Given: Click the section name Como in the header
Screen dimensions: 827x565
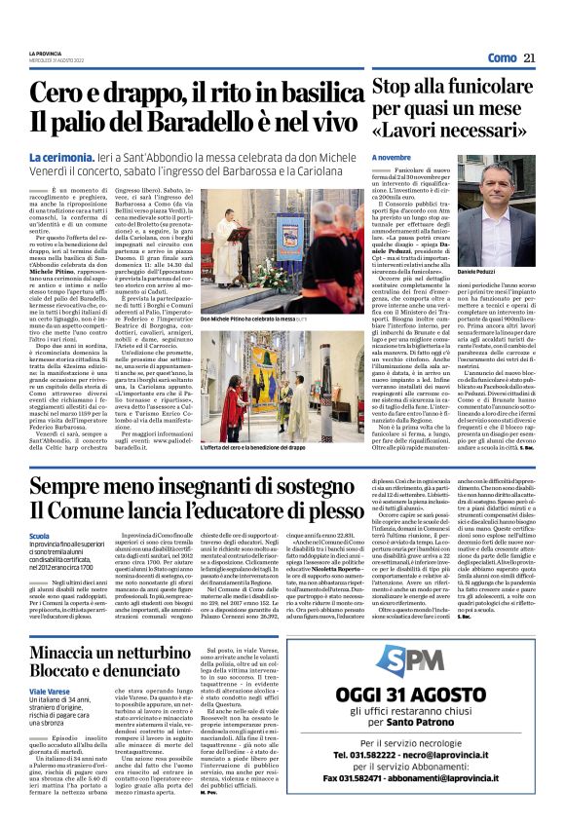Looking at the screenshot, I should point(502,57).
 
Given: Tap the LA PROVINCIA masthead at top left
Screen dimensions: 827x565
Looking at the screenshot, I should point(44,53).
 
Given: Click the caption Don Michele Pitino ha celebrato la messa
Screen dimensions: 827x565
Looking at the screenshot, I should point(236,319).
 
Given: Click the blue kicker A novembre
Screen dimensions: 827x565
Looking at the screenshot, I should point(392,158).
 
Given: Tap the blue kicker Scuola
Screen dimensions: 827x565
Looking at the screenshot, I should point(40,536).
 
